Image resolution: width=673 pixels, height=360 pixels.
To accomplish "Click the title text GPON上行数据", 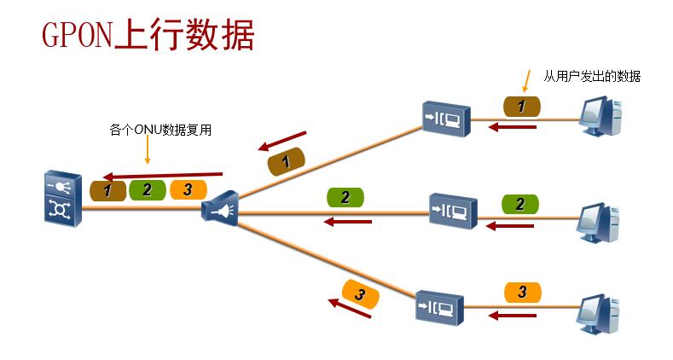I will [x=148, y=37].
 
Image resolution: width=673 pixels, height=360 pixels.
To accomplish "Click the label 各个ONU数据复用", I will [x=160, y=131].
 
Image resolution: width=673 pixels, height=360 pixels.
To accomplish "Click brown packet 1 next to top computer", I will [x=522, y=106].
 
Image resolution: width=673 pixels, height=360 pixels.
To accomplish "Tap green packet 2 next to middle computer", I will [x=519, y=204].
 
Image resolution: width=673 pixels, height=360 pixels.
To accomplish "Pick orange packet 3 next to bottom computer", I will [x=522, y=292].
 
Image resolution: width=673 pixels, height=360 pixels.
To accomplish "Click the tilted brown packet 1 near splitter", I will [x=287, y=161].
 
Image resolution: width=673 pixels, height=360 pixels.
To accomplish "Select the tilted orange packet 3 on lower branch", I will [x=360, y=294].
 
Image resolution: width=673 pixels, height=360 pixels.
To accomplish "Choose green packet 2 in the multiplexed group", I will [x=147, y=189].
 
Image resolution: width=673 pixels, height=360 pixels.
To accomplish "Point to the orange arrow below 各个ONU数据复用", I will [x=148, y=150].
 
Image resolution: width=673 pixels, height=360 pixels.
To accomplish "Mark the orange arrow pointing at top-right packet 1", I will [x=525, y=81].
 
